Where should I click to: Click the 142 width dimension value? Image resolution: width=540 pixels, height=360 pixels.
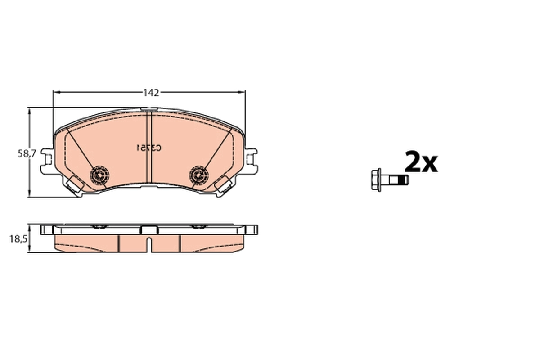coord(151,93)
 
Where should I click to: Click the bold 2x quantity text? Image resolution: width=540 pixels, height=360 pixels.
coord(421,162)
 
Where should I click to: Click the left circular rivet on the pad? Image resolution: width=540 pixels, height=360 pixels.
coord(100,174)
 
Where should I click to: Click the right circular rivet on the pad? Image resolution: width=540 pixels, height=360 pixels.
coord(198,174)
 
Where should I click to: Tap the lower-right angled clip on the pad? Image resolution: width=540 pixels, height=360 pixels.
coord(224,184)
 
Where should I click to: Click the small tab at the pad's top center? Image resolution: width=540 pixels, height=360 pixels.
coord(148,109)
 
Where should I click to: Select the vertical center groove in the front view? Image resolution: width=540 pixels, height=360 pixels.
coord(149,148)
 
